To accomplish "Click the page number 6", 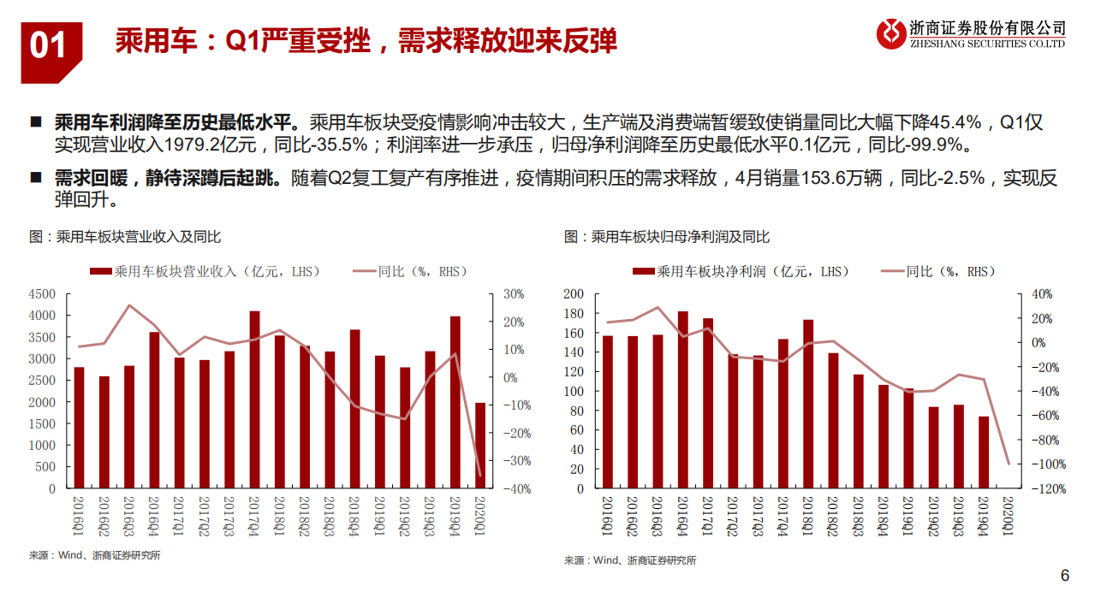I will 1065,576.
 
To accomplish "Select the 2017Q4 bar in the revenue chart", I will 254,399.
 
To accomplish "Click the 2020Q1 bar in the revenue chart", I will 480,446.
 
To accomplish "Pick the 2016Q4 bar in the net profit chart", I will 682,400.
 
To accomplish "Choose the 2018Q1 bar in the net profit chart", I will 808,405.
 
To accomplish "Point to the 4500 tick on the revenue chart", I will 43,293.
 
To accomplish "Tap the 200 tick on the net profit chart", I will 573,293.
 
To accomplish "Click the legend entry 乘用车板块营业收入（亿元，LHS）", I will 205,271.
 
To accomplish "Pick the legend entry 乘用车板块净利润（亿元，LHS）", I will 741,271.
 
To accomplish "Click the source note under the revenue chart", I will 94,555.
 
